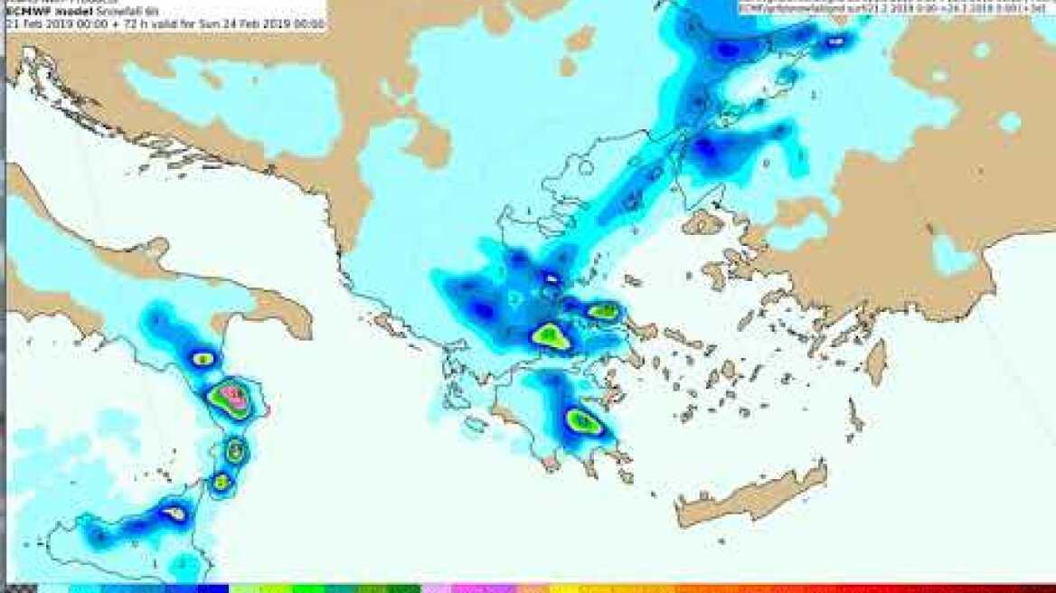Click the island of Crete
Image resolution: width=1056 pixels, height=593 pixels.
(750, 498)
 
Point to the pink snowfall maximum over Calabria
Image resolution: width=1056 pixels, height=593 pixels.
(234, 395)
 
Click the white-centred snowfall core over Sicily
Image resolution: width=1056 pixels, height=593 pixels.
(174, 513)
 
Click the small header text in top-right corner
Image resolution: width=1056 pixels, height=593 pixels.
(895, 7)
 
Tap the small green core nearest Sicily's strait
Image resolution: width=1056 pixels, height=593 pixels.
(221, 482)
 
